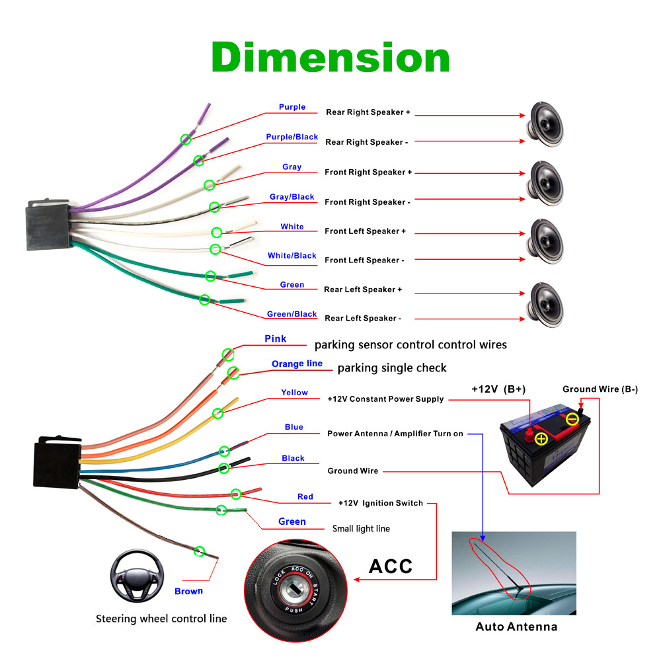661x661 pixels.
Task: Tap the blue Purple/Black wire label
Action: tap(292, 137)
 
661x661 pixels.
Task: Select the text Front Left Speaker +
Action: tap(365, 231)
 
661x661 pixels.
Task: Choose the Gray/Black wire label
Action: tap(292, 197)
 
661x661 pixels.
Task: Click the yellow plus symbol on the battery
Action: tap(541, 438)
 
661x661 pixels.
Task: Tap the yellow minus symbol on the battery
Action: tap(572, 418)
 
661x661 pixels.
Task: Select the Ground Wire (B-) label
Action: tap(600, 389)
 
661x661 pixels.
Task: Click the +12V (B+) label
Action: tap(498, 389)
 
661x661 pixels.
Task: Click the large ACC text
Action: tap(390, 566)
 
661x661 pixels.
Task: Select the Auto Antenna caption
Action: tap(516, 627)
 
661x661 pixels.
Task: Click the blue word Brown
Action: tap(188, 591)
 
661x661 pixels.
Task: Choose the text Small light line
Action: tap(361, 528)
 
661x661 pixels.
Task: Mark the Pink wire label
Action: tap(275, 339)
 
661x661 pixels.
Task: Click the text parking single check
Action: tap(392, 368)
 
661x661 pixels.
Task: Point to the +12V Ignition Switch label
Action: tap(380, 503)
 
